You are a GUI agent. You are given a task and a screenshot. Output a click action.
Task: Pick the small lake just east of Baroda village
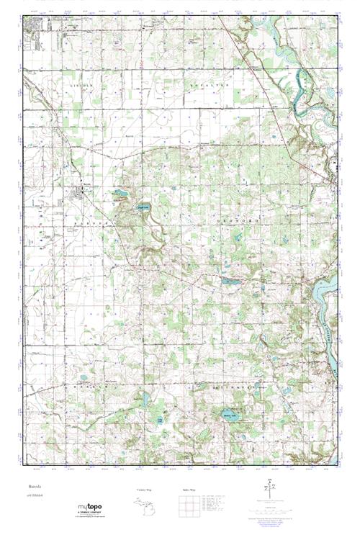tap(118, 194)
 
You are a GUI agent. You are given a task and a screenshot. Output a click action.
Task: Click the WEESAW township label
tap(86, 387)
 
